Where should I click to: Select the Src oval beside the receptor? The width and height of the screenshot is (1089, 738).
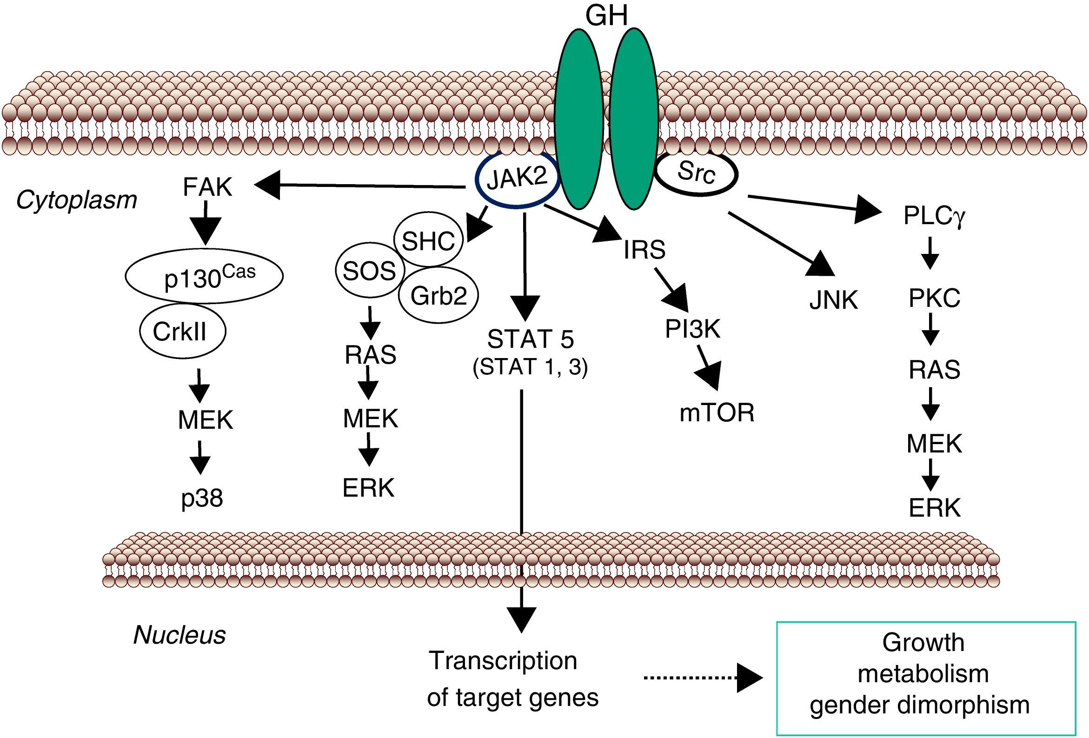697,173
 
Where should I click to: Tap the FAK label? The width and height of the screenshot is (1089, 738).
207,187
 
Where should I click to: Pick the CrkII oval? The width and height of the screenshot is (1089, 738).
182,331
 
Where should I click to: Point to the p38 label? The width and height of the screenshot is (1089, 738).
202,498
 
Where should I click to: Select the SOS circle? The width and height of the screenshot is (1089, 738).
369,271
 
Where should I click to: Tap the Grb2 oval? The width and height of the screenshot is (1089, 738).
438,296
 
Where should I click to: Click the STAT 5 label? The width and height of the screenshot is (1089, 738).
531,339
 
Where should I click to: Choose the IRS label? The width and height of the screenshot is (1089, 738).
644,249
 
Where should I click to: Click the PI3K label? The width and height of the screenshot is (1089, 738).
692,329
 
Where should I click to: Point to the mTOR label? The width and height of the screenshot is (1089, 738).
717,413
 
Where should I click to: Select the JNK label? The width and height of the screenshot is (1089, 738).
834,300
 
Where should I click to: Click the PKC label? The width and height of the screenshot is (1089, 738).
934,298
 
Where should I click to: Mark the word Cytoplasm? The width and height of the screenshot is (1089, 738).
77,200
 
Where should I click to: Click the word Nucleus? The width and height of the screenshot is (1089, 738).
179,635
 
